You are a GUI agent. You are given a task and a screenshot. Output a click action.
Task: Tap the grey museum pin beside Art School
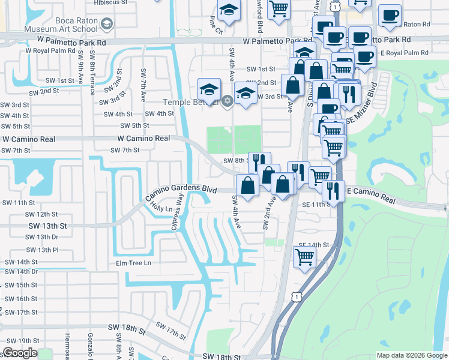107,24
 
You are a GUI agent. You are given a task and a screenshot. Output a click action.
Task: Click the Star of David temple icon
226,100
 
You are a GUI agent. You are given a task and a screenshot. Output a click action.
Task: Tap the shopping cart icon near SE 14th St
304,257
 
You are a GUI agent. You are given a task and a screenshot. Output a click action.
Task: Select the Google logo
20,353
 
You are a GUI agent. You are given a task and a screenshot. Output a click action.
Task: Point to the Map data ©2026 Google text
411,355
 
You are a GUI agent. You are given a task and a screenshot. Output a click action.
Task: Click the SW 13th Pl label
42,250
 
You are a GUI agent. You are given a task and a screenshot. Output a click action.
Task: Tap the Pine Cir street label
216,27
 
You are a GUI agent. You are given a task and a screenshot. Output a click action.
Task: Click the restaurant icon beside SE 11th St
333,190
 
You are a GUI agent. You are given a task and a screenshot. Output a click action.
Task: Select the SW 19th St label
20,341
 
